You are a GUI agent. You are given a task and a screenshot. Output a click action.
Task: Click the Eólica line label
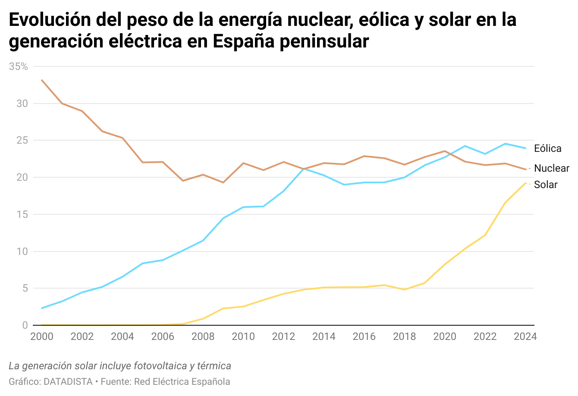pyautogui.click(x=547, y=148)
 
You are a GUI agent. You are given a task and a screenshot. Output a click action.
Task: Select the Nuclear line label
pyautogui.click(x=551, y=168)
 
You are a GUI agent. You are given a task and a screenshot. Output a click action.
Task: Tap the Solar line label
pyautogui.click(x=545, y=185)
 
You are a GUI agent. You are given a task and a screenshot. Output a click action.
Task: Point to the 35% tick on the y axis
pyautogui.click(x=18, y=66)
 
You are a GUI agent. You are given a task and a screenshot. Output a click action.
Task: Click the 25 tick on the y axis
pyautogui.click(x=22, y=141)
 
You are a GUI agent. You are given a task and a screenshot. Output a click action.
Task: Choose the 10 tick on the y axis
pyautogui.click(x=22, y=251)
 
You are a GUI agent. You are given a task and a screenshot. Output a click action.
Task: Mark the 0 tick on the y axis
pyautogui.click(x=25, y=325)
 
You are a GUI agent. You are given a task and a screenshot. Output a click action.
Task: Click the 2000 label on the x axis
pyautogui.click(x=42, y=336)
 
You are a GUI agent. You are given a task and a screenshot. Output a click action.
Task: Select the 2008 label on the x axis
pyautogui.click(x=203, y=336)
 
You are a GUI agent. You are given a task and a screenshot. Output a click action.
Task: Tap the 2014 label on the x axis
pyautogui.click(x=324, y=336)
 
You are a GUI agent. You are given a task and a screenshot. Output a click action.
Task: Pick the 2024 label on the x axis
pyautogui.click(x=525, y=336)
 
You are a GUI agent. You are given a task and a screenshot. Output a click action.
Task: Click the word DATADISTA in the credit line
pyautogui.click(x=68, y=382)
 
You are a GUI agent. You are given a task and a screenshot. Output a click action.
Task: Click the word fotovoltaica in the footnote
pyautogui.click(x=160, y=366)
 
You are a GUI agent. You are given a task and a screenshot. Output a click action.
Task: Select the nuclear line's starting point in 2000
pyautogui.click(x=42, y=80)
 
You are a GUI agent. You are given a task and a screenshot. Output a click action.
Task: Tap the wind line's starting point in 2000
pyautogui.click(x=42, y=308)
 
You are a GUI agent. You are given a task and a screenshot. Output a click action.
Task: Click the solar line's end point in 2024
pyautogui.click(x=525, y=183)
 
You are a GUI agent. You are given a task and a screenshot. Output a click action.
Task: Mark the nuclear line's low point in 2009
pyautogui.click(x=223, y=182)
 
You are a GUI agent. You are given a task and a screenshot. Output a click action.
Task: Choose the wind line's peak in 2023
pyautogui.click(x=505, y=144)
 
